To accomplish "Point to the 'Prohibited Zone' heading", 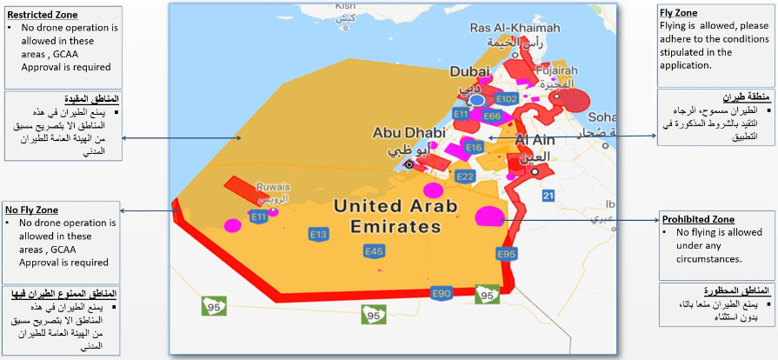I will [698, 219].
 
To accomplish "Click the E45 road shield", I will [374, 251].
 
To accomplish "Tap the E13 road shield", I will [318, 235].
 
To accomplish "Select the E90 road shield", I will [442, 293].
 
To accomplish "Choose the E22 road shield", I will [465, 177].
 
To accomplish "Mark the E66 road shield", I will [491, 116].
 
